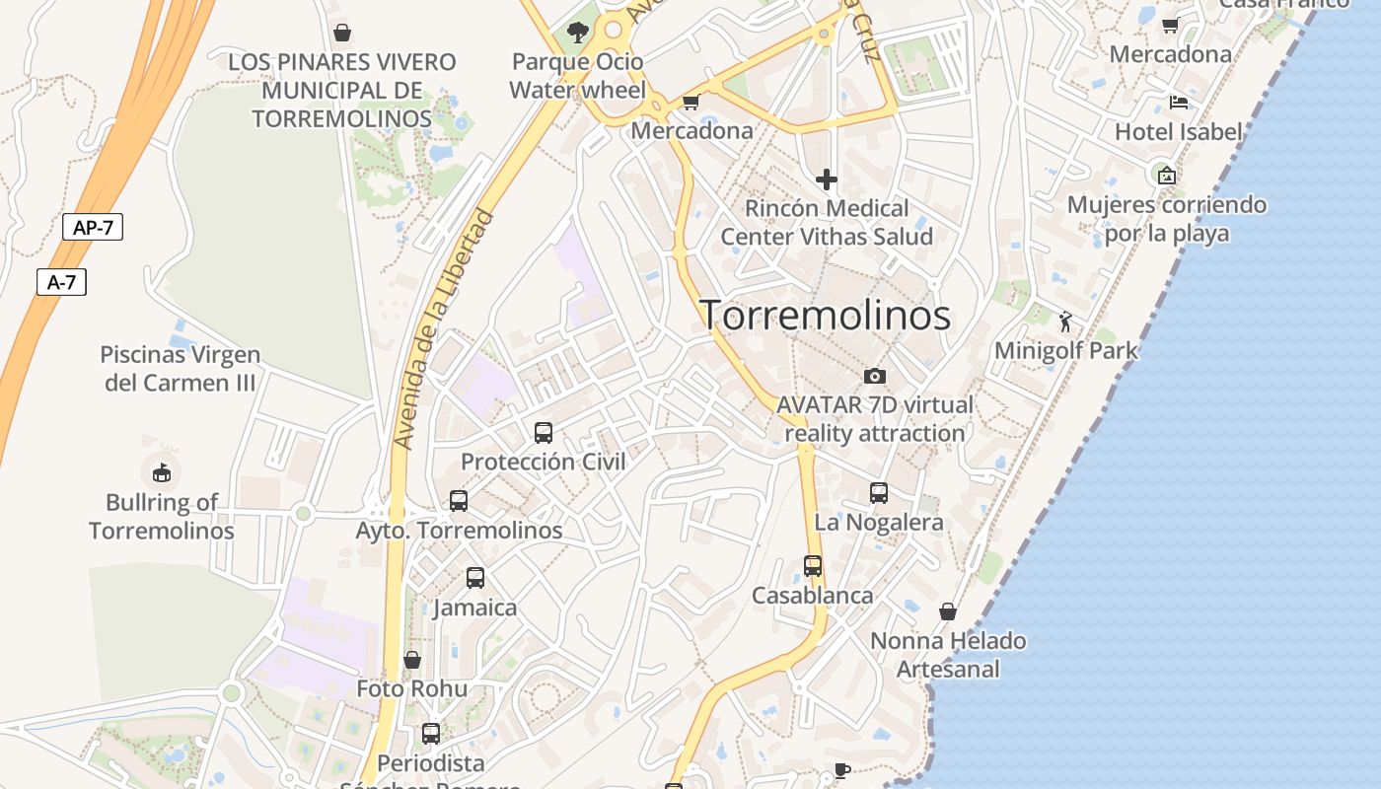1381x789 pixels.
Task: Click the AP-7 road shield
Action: pyautogui.click(x=93, y=227)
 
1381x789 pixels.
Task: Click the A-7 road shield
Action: pyautogui.click(x=61, y=282)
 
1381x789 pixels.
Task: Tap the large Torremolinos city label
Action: pyautogui.click(x=826, y=316)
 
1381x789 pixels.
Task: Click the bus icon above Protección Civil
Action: pyautogui.click(x=544, y=432)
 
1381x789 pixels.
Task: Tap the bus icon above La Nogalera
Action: pyautogui.click(x=879, y=492)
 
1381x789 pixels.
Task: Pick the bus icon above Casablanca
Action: pyautogui.click(x=813, y=566)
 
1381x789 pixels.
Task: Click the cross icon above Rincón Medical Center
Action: pyautogui.click(x=827, y=179)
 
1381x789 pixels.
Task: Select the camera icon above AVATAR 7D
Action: pyautogui.click(x=874, y=376)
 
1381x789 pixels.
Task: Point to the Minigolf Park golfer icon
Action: pyautogui.click(x=1065, y=321)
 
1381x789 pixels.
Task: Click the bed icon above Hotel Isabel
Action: pyautogui.click(x=1178, y=102)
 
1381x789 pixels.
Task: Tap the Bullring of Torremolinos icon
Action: pyautogui.click(x=162, y=472)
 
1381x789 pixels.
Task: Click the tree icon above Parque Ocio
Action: pyautogui.click(x=578, y=33)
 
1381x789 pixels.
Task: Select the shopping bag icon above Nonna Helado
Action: pyautogui.click(x=948, y=611)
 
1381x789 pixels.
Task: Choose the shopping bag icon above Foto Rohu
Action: pyautogui.click(x=412, y=659)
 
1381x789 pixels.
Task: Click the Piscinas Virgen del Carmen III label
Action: pyautogui.click(x=181, y=368)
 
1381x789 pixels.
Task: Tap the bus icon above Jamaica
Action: pyautogui.click(x=475, y=578)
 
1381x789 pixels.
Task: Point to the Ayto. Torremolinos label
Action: pyautogui.click(x=459, y=530)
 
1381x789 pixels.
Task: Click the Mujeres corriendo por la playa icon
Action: pyautogui.click(x=1167, y=176)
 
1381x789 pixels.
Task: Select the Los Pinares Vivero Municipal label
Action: pyautogui.click(x=341, y=91)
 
